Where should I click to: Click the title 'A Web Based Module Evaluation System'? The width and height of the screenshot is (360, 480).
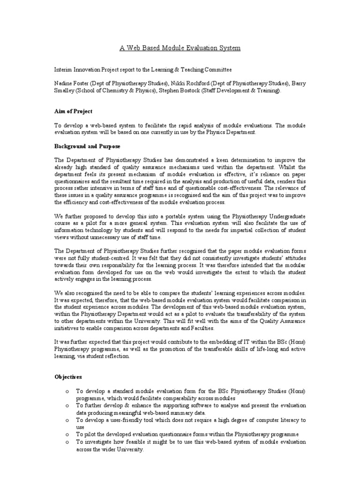pyautogui.click(x=180, y=49)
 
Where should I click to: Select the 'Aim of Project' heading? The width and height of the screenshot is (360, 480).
pyautogui.click(x=73, y=112)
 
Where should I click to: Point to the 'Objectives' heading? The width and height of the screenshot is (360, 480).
pyautogui.click(x=68, y=377)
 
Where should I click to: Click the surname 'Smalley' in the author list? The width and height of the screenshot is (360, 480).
pyautogui.click(x=65, y=91)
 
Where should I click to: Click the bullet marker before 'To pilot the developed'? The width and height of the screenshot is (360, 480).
pyautogui.click(x=68, y=435)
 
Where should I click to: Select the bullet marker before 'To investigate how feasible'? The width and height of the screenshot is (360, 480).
pyautogui.click(x=68, y=442)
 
